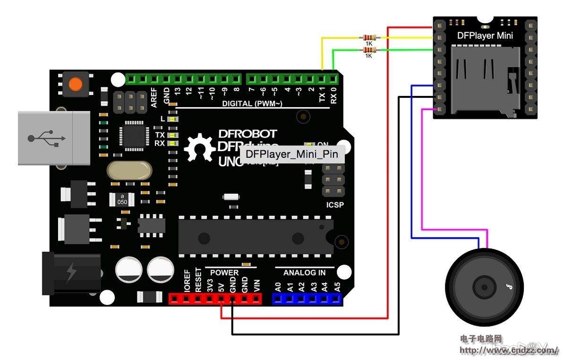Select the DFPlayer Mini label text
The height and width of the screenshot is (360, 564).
click(485, 35)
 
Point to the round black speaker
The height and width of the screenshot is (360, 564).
click(484, 287)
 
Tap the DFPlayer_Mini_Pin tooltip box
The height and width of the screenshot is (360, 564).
click(292, 154)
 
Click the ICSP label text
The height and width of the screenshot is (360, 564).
click(335, 205)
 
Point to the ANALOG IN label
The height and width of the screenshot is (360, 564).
click(304, 273)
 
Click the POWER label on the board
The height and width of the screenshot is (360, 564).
click(224, 273)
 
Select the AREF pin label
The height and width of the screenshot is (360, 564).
click(154, 97)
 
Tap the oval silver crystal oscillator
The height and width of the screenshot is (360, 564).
click(129, 170)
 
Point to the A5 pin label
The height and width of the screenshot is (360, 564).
click(337, 286)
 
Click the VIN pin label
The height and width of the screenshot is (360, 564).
click(256, 285)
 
